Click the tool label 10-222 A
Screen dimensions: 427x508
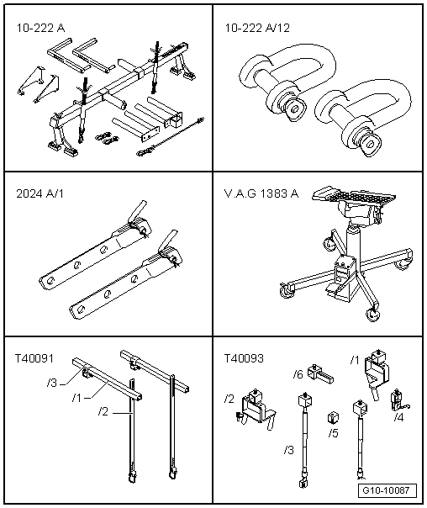tap(40, 28)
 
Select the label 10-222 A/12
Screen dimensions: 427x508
tap(257, 28)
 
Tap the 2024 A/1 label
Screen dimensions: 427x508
tap(40, 193)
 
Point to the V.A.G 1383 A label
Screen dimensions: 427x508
tap(261, 193)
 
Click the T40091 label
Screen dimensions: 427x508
tap(34, 358)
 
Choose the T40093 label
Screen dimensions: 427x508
tap(244, 358)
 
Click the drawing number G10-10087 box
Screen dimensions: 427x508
tap(387, 490)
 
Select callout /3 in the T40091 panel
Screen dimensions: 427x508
tap(52, 383)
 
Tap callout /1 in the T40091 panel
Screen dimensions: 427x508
tap(76, 398)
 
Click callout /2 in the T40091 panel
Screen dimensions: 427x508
tap(103, 412)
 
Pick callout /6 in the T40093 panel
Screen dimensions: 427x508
tap(298, 374)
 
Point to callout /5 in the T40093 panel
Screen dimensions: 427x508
tap(333, 433)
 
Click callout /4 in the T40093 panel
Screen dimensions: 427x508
tap(398, 418)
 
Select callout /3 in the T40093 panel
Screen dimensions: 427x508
tap(289, 450)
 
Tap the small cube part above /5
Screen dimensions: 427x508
tap(333, 418)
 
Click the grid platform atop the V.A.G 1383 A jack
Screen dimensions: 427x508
tap(354, 193)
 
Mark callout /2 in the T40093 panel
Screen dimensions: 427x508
tap(229, 399)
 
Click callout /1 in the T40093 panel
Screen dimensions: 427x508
tap(355, 360)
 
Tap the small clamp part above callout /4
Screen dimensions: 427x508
tap(399, 400)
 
